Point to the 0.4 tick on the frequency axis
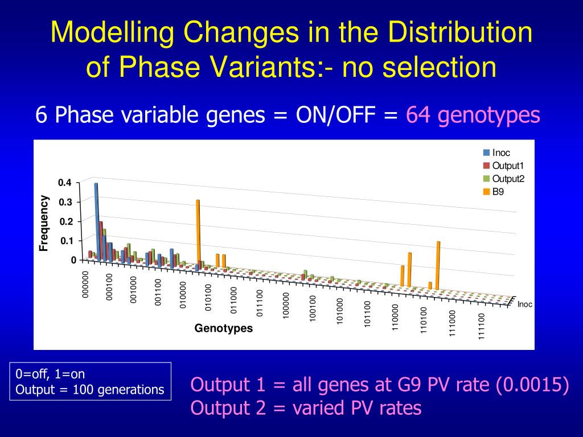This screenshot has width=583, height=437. coord(64,183)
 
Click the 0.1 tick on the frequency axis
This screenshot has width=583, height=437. coord(67,241)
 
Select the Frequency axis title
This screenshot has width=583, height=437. coord(44,223)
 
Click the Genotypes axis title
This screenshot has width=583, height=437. coord(223,328)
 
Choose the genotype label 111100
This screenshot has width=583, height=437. coord(482,325)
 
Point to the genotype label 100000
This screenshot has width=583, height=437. coord(286,306)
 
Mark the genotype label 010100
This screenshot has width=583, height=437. coord(208,297)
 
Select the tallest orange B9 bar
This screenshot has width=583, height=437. coord(198,233)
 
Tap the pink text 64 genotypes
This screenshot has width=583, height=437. coord(473,116)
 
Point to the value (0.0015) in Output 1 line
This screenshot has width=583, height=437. coord(532,385)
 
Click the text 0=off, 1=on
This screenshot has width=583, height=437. coord(51,374)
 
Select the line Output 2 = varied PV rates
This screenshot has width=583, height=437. coord(306,408)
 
